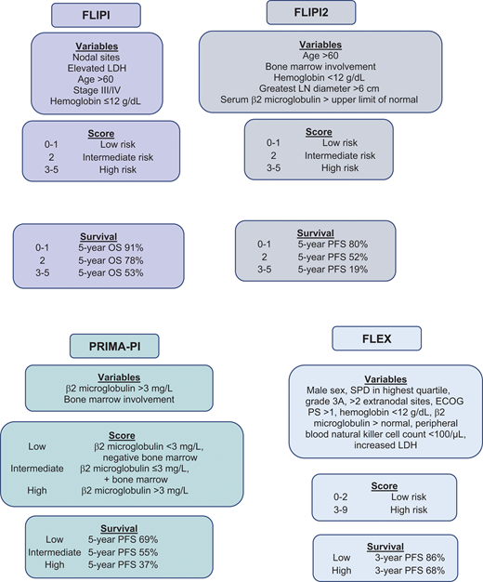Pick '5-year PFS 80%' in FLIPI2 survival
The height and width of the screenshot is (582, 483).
328,244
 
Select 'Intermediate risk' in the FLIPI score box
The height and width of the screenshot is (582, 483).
111,159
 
